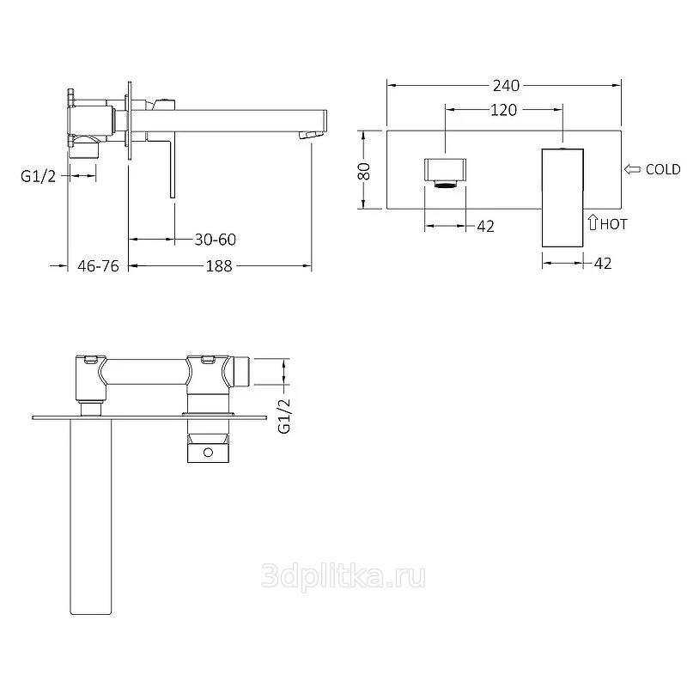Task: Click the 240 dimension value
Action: point(506,85)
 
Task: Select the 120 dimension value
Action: point(503,110)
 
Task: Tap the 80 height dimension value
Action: point(364,171)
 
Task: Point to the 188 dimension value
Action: point(219,265)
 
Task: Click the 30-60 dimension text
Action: point(216,240)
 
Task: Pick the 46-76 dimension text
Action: point(98,265)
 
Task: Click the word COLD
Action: point(663,169)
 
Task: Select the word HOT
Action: point(613,224)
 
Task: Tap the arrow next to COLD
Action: point(632,169)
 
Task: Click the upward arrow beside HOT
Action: point(593,222)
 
